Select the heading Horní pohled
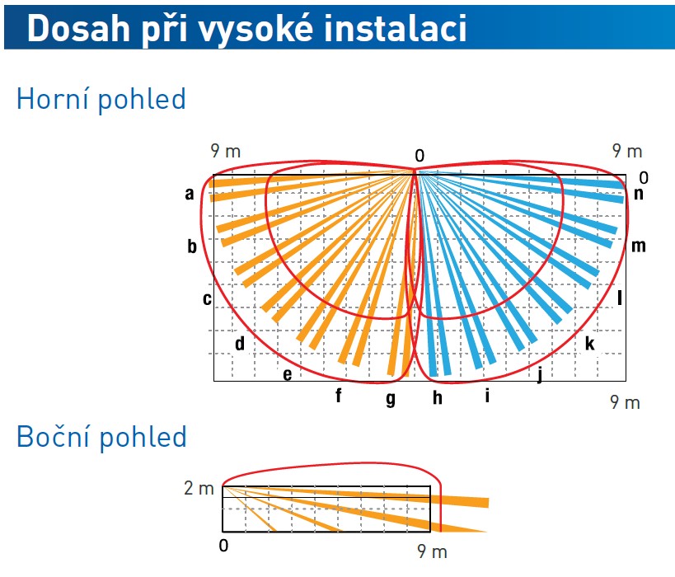pos(101,100)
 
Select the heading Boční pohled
pos(101,437)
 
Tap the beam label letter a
pos(190,195)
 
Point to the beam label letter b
pos(192,246)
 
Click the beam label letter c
pos(207,298)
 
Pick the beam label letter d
pos(240,343)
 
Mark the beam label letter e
pos(287,374)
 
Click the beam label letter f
pos(339,395)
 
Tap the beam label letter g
pos(391,399)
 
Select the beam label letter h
pos(438,398)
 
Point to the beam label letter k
pos(590,344)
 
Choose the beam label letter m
pos(639,246)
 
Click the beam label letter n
pos(639,195)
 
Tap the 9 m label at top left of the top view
pos(226,151)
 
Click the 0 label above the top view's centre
pos(420,156)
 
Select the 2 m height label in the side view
pos(199,488)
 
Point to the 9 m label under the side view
pos(432,551)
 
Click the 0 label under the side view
pos(223,546)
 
